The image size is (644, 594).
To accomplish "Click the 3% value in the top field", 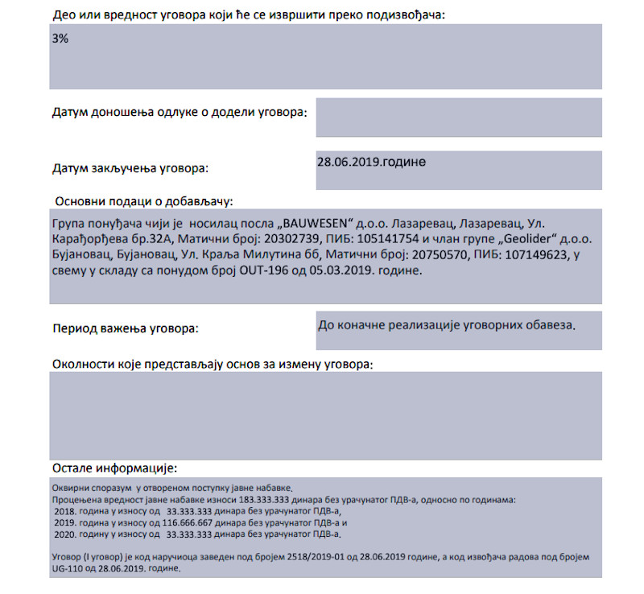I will (x=60, y=39).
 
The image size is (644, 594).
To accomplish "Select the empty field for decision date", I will (x=459, y=118).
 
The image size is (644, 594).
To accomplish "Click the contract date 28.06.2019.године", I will (x=372, y=162).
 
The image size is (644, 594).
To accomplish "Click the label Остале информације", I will (x=114, y=468).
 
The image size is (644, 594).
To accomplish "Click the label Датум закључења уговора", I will (x=130, y=168).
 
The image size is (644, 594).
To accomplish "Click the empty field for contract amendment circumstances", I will (x=325, y=415).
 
